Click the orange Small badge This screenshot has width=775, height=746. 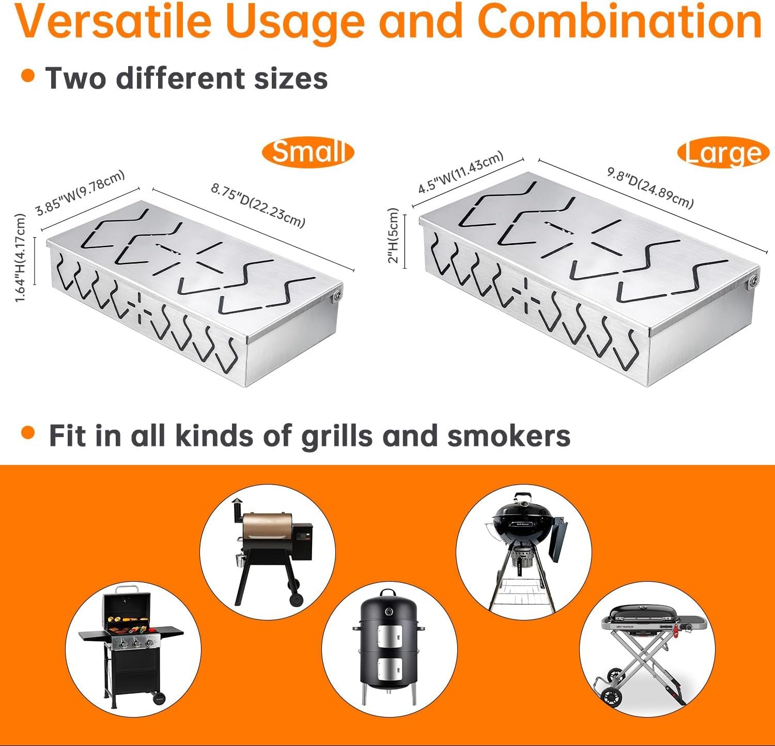[308, 152]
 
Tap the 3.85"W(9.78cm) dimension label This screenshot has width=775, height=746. [81, 192]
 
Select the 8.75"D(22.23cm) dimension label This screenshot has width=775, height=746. [258, 205]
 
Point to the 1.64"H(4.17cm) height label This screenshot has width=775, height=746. [20, 258]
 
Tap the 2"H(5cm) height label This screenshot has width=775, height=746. [394, 236]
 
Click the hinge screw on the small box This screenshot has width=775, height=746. [337, 294]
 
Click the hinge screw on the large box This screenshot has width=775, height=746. [754, 281]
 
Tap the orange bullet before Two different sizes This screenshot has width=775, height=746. [28, 75]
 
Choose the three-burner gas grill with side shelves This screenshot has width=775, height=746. [132, 646]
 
